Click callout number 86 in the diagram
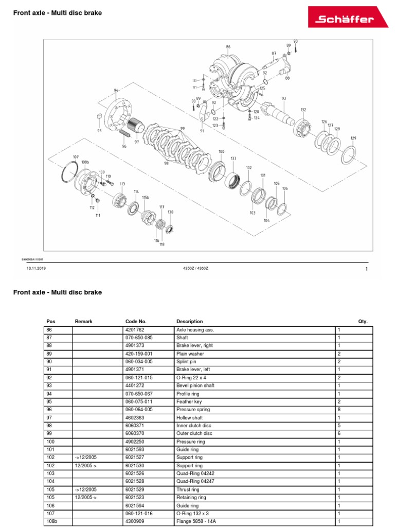click(228, 47)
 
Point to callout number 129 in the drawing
click(353, 138)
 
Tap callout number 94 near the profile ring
click(116, 90)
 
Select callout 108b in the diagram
click(85, 162)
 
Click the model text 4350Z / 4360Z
click(195, 268)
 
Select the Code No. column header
click(136, 321)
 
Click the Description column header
click(190, 321)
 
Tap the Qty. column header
click(363, 321)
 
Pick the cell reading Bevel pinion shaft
click(195, 385)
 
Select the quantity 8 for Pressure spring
click(339, 410)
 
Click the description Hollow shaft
click(189, 417)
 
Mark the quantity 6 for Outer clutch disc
click(339, 433)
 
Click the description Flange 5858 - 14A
click(197, 521)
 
